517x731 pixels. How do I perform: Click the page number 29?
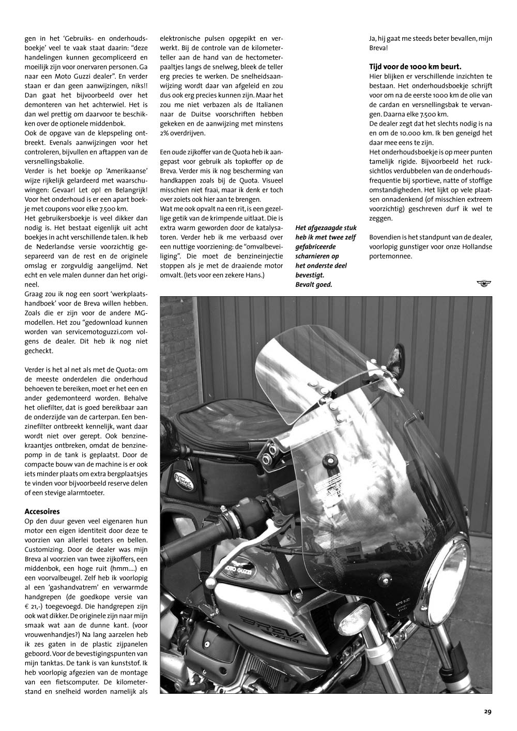point(488,711)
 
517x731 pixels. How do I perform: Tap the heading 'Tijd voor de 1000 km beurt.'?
point(415,67)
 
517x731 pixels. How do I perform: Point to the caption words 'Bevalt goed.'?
point(314,284)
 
